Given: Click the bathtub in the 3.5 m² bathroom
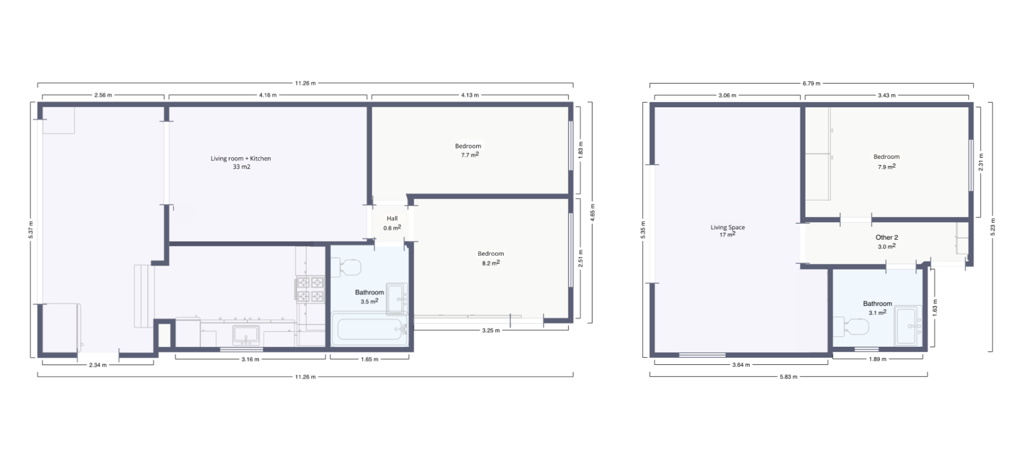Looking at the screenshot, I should point(369,329).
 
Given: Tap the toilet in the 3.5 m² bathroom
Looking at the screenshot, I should point(347,266).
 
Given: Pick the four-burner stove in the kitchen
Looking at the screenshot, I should point(310,289).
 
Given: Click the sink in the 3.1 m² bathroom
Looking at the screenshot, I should point(908,325).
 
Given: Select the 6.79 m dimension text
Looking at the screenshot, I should point(812,84).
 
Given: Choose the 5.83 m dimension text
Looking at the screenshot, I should point(788,377).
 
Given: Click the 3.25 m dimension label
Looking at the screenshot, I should point(490,330).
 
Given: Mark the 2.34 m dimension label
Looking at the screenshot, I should point(98,365).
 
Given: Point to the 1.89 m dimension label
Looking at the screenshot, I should point(877,359).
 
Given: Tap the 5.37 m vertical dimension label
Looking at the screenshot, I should point(31,230).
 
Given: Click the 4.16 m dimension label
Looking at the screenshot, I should point(268,95).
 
